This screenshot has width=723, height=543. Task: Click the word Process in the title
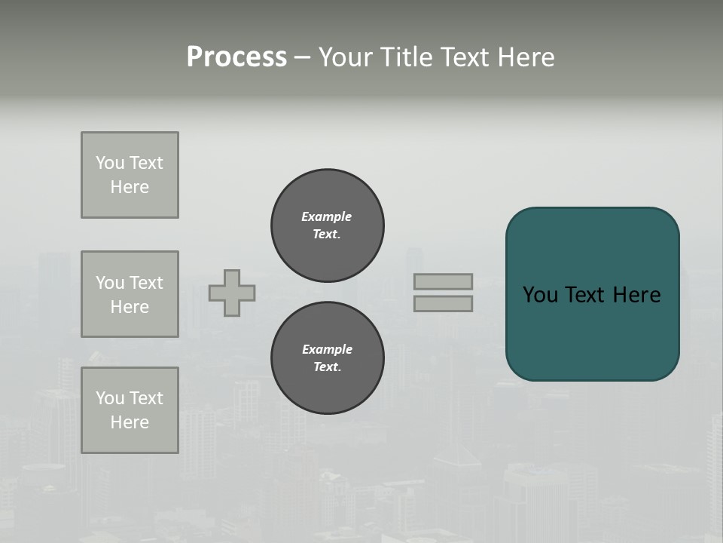pos(236,57)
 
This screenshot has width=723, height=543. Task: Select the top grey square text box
pos(130,175)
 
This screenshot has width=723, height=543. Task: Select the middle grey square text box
pos(130,294)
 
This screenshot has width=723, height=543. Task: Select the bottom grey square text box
pos(130,410)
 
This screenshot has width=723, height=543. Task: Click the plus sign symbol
pos(232,293)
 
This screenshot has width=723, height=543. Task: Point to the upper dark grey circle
pos(328,225)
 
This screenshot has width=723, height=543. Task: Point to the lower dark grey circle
pos(328,358)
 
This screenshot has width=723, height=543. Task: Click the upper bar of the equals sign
pos(444,281)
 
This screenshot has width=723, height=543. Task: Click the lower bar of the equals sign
pos(444,303)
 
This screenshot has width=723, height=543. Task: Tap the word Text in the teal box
pos(586,295)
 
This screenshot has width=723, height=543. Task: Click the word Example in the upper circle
pos(326,216)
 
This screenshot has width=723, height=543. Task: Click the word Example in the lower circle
pos(327,349)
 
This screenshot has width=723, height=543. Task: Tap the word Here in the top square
pos(130,187)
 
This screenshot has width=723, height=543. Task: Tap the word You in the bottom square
pos(110,398)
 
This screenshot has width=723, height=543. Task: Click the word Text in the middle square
pos(145,283)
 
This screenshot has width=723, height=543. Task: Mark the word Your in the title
pos(347,57)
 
